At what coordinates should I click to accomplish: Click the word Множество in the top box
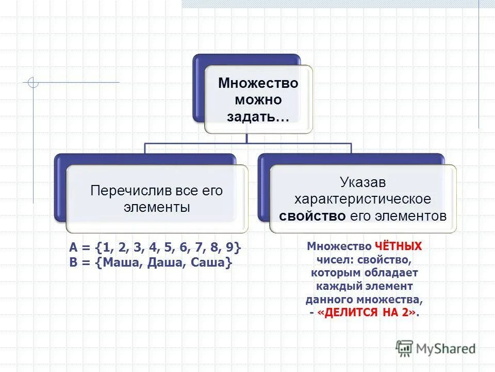coord(258,83)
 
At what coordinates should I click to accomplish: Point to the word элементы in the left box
coord(157,207)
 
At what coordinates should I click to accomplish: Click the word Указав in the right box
coord(362,182)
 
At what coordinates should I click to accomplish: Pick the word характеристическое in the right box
coord(362,199)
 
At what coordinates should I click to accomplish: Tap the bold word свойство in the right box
coord(312,216)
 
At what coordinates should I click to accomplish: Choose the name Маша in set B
coord(123,262)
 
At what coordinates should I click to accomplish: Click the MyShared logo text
coord(446,348)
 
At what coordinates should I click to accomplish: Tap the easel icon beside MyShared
coord(405,348)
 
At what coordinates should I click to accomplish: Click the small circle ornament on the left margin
coord(33,82)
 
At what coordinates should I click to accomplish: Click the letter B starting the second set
coord(73,262)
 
